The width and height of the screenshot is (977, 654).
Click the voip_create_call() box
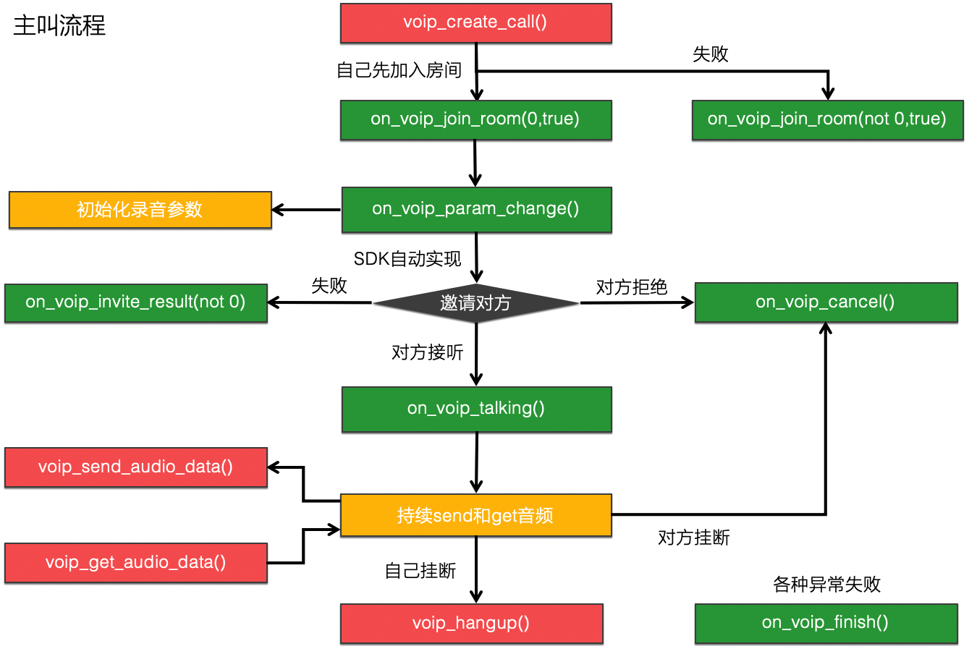tap(475, 22)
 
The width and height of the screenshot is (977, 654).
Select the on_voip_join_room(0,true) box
tap(475, 119)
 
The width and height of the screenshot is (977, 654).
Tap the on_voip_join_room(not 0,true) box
tap(827, 119)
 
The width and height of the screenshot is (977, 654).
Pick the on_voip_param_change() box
tap(476, 209)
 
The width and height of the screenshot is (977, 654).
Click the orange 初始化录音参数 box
tap(140, 210)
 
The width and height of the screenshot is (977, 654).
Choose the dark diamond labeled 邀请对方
tap(475, 303)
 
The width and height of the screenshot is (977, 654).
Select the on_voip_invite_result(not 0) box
tap(136, 302)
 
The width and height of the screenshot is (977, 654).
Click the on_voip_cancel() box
tap(826, 302)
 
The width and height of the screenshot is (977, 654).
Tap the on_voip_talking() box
tap(476, 409)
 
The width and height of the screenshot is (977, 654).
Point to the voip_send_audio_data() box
tap(136, 467)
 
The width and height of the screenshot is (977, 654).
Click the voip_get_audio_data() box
tap(136, 563)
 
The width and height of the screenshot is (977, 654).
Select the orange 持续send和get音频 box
tap(475, 515)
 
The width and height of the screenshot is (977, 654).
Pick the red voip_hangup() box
tap(471, 623)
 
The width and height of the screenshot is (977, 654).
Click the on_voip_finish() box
tap(826, 623)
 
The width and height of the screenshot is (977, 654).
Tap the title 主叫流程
tap(59, 26)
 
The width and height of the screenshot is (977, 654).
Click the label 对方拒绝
tap(631, 287)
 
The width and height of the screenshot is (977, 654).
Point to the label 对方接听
tap(427, 352)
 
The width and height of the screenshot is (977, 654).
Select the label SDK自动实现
tap(407, 259)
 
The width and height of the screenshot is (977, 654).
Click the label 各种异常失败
tap(826, 584)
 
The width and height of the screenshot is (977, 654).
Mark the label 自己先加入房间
tap(399, 70)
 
